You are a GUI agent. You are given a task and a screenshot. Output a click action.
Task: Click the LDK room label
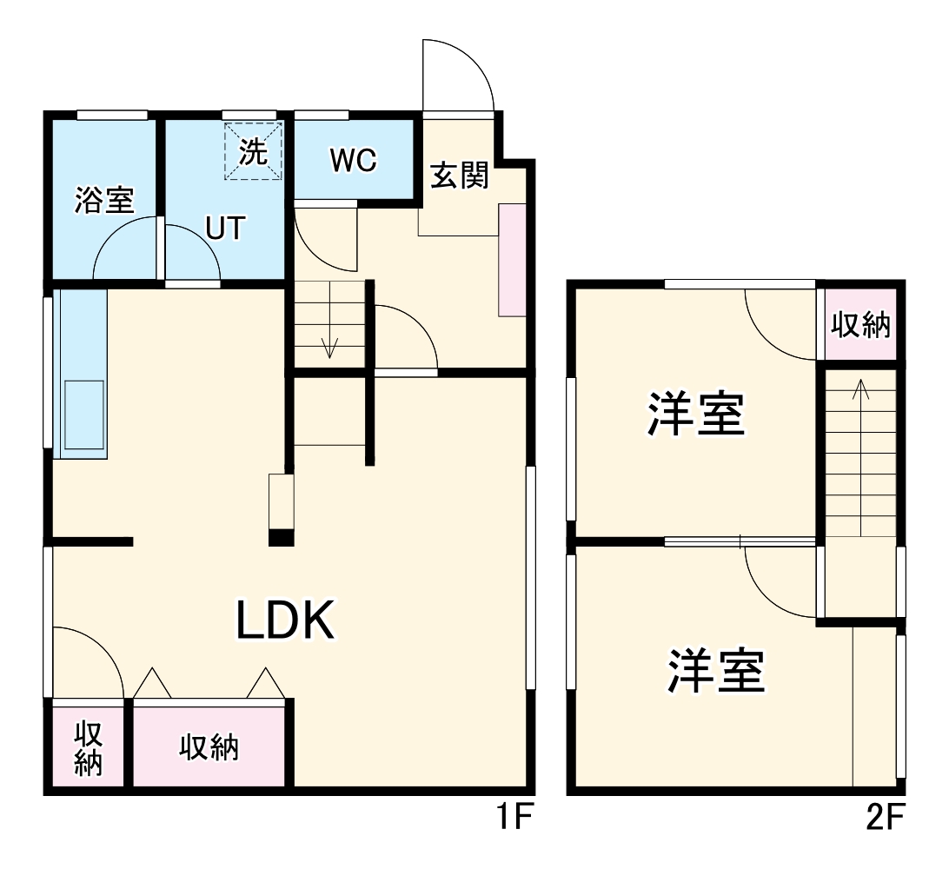point(286,620)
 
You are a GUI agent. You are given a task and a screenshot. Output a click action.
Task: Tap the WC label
point(353,160)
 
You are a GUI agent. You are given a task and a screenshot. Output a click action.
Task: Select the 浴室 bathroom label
point(104,201)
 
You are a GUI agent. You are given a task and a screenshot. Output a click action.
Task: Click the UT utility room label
point(225,228)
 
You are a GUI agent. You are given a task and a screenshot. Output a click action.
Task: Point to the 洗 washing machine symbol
point(254,152)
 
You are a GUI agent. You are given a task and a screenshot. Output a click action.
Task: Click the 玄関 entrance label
point(460,176)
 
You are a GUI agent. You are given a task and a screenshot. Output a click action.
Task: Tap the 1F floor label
point(513,818)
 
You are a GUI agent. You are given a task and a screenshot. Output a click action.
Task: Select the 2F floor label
point(886,818)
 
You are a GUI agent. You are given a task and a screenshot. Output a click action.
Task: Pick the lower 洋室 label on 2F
point(716,670)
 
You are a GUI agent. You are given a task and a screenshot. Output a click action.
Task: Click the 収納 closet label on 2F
point(860,325)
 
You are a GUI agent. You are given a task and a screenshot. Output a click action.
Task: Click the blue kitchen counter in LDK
point(80,374)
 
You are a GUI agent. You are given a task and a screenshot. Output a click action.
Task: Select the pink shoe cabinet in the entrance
point(512,260)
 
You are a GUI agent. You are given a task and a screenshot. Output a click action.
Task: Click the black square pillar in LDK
point(281,538)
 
